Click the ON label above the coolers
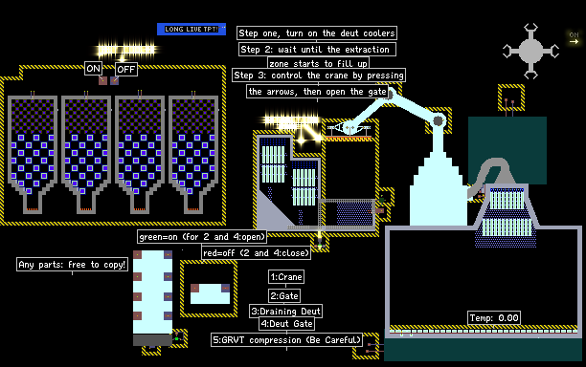coord(93,69)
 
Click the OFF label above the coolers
coord(126,70)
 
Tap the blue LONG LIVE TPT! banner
coord(192,29)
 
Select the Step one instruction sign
coord(317,33)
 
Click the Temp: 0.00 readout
coord(494,317)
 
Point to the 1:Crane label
coord(286,277)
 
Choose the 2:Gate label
coord(284,296)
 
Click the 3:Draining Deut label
coord(285,311)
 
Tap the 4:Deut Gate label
coord(286,324)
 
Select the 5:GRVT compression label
coord(286,340)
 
